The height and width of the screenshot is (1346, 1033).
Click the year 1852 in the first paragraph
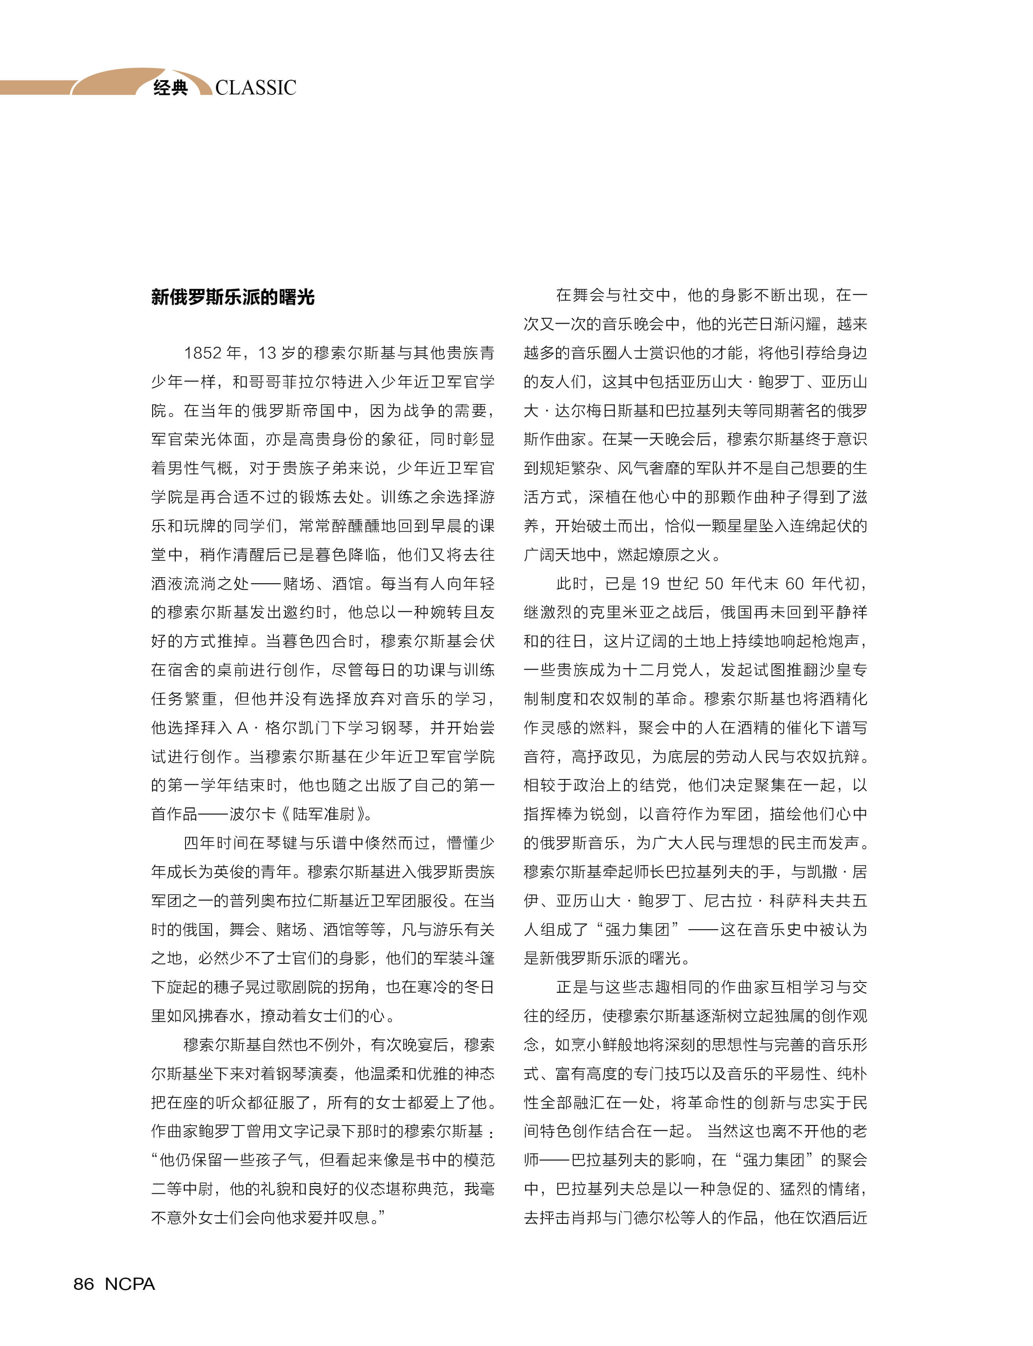point(202,353)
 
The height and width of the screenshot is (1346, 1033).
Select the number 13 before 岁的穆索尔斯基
point(267,353)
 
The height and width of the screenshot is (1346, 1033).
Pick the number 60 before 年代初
point(795,583)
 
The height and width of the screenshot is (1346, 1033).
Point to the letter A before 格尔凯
point(242,728)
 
